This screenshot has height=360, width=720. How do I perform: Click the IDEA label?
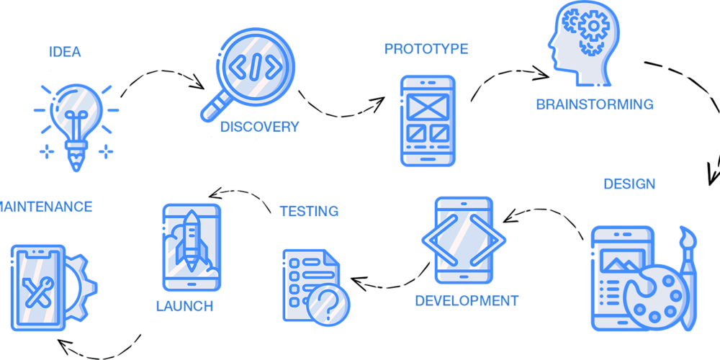pos(65,52)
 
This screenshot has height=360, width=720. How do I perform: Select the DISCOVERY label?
pos(259,126)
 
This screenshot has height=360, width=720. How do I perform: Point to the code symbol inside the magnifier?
pos(256,65)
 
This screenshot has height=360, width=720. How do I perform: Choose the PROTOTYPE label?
pos(426,49)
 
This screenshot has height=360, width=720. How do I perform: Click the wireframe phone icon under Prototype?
pos(428,121)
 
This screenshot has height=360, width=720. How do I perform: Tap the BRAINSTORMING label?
pos(595,104)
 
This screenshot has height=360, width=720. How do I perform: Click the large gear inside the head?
pos(593,26)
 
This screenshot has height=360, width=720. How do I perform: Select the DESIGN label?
pos(629,184)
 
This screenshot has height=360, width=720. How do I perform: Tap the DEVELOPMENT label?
pos(467,301)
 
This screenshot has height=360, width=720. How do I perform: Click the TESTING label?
pos(309,211)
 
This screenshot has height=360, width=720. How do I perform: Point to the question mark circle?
pos(328,303)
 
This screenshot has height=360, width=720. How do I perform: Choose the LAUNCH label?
pos(184,306)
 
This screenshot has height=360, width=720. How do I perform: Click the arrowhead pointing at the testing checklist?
pos(358,281)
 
